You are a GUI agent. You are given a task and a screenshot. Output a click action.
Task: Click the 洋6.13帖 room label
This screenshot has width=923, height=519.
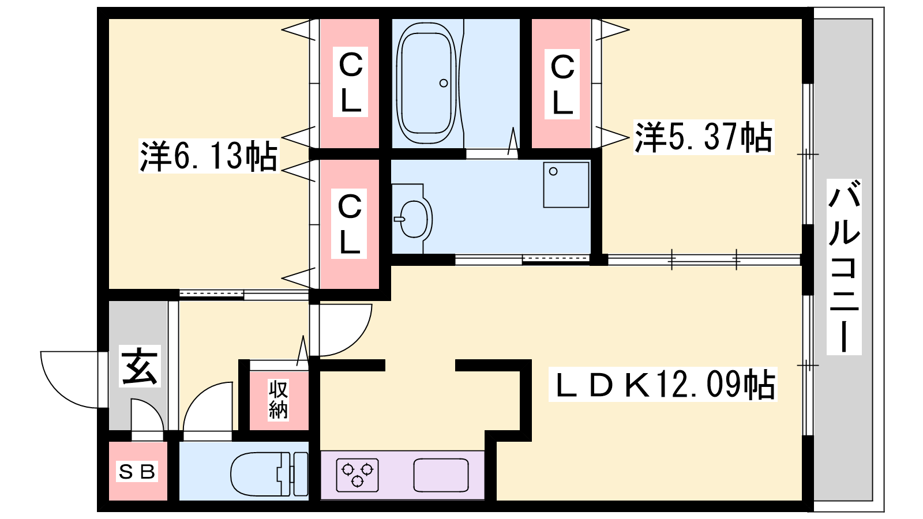click(x=209, y=156)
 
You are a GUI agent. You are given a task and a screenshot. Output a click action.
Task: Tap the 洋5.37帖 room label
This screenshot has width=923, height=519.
click(x=704, y=137)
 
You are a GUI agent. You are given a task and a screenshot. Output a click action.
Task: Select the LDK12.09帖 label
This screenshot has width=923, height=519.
click(x=663, y=384)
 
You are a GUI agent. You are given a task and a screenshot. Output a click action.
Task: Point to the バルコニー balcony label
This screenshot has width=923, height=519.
click(x=844, y=267)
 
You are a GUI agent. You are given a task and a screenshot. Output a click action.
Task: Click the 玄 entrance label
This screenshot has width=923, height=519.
click(x=140, y=366)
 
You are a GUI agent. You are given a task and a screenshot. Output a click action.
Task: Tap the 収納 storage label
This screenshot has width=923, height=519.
click(x=279, y=399)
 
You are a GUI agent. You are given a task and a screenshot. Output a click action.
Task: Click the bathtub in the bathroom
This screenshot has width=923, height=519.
click(x=427, y=83)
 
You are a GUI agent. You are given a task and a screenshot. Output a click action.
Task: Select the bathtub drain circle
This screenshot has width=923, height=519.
click(x=444, y=83)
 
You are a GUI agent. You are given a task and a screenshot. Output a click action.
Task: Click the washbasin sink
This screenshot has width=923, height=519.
click(x=414, y=219)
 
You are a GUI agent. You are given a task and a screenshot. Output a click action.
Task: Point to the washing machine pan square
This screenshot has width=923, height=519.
click(x=566, y=185)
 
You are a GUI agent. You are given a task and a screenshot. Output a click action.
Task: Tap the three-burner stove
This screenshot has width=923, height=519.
click(x=357, y=475)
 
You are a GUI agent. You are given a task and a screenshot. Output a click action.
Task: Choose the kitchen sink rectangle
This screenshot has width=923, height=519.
click(x=441, y=475)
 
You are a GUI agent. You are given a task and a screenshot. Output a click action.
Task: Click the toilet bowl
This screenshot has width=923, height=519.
click(x=256, y=473)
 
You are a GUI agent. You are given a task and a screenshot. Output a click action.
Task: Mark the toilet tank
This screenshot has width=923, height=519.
click(x=299, y=473)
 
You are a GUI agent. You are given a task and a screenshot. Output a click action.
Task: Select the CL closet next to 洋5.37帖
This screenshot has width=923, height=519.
click(x=562, y=84)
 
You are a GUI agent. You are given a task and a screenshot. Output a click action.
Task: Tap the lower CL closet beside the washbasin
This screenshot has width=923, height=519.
click(x=350, y=224)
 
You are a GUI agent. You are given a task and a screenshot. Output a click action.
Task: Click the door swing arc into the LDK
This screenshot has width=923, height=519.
click(x=358, y=340)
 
